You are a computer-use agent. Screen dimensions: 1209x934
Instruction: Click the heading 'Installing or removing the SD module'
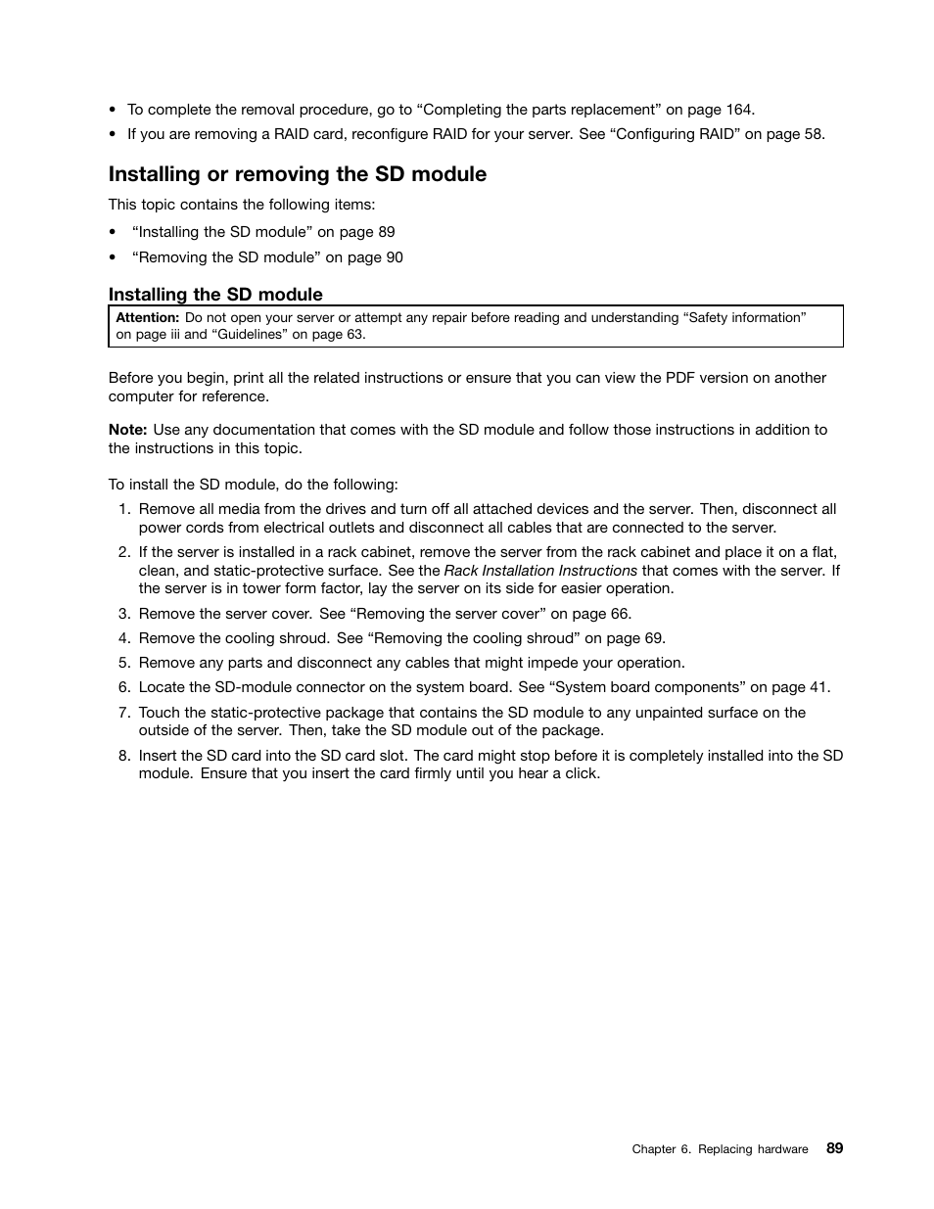tap(297, 174)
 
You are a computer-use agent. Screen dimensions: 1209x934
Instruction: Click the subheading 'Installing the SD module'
tap(215, 295)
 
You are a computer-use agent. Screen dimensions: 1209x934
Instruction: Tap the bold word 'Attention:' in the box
tap(148, 318)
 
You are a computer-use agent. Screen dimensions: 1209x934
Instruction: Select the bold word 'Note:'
tap(127, 430)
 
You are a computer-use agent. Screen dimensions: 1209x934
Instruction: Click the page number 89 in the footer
tap(834, 1148)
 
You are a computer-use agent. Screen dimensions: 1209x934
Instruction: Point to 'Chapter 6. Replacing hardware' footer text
tap(720, 1149)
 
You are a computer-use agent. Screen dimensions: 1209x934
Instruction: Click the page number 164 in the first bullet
tap(739, 110)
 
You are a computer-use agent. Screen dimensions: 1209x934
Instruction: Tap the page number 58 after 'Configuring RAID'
tap(813, 134)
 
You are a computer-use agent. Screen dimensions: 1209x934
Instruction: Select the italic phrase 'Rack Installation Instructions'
tap(540, 571)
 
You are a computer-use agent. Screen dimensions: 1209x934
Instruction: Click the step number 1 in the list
tap(123, 509)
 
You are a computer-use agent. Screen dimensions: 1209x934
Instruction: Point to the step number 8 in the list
tap(123, 756)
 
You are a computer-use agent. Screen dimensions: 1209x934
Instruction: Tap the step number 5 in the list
tap(123, 663)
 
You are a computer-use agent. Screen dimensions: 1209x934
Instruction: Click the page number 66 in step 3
tap(621, 614)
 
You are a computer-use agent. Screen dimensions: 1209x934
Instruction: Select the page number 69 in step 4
tap(654, 638)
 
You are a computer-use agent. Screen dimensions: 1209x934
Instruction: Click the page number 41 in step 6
tap(818, 687)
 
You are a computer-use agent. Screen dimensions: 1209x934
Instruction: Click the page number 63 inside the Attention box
tap(353, 334)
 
